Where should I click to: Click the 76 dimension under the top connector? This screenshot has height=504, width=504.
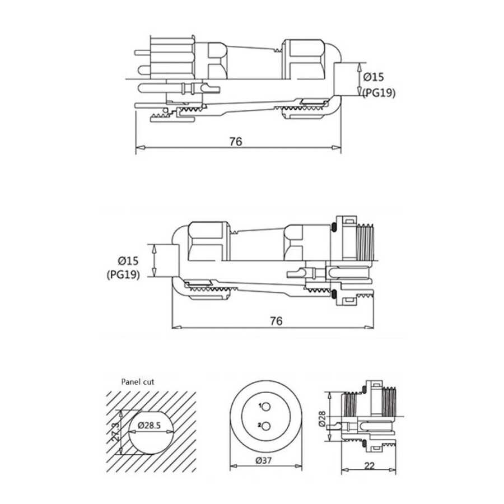point(236,141)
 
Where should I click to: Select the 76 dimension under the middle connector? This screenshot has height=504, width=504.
point(276,320)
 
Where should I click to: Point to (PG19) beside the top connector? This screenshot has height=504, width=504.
point(379,93)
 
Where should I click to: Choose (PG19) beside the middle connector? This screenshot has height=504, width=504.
point(122,274)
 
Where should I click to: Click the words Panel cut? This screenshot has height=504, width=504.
point(137,382)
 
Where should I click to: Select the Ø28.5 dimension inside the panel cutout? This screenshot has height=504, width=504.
point(150,426)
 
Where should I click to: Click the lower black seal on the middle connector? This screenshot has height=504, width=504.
point(334,295)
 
